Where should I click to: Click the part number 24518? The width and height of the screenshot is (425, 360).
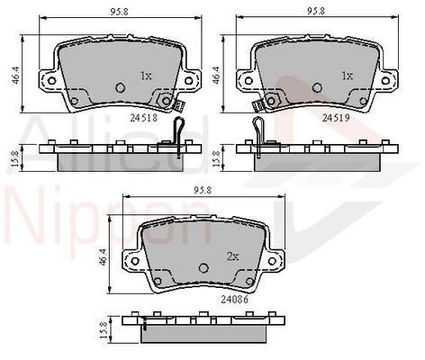coord(144,118)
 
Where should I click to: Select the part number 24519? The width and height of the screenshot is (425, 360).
coord(336,118)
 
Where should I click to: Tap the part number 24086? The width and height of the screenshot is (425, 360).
coord(235,299)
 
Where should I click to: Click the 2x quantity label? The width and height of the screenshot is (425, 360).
coord(232,256)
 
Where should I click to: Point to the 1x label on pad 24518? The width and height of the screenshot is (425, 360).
coord(146,76)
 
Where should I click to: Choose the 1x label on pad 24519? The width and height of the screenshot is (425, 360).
coord(348,76)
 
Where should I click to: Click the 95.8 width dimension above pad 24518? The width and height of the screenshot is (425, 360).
coord(119,12)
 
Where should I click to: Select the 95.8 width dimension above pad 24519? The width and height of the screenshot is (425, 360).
coord(316,11)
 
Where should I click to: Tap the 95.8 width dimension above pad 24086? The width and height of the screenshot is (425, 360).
coord(203,190)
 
